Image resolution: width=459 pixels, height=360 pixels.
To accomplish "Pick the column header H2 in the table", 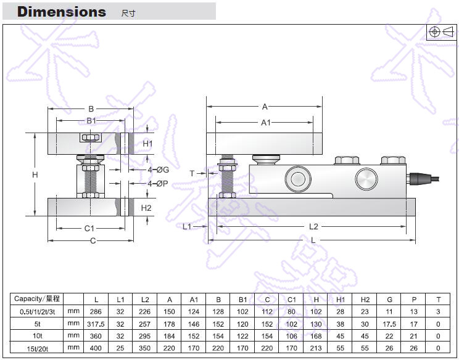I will click(365, 299).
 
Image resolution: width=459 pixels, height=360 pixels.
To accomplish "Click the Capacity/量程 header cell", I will click(37, 299).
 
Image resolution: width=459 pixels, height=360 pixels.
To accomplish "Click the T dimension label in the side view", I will click(192, 173).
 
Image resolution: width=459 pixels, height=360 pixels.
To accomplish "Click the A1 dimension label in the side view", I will click(266, 123).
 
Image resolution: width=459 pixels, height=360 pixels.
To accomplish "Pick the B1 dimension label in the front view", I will click(91, 121).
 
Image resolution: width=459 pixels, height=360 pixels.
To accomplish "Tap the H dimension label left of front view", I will click(35, 175).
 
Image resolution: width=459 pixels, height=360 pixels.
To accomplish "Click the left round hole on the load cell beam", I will click(297, 179).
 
